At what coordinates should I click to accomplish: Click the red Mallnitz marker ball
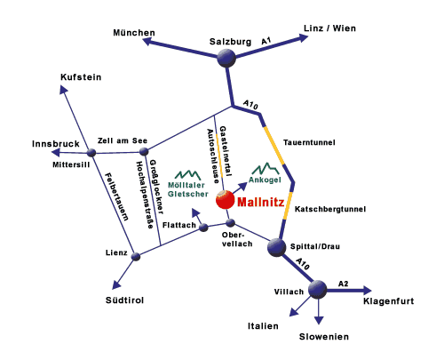(x=225, y=200)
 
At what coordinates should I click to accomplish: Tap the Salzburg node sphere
(x=226, y=58)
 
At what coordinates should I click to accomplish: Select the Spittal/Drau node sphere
(x=277, y=247)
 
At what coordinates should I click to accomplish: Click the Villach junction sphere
(x=318, y=289)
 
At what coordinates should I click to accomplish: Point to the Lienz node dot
(x=136, y=256)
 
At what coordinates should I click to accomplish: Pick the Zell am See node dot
(x=144, y=152)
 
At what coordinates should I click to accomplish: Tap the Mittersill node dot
(x=91, y=153)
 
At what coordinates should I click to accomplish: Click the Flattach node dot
(x=203, y=228)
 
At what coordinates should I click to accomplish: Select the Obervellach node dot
(x=230, y=223)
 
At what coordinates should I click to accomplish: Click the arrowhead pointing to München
(x=148, y=42)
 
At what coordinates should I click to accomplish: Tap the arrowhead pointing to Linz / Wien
(x=303, y=38)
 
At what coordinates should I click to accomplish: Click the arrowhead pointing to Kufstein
(x=63, y=89)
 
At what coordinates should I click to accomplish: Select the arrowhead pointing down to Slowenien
(x=319, y=320)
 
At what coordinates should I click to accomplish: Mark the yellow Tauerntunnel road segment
(x=274, y=145)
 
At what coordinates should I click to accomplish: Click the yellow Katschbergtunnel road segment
(x=289, y=206)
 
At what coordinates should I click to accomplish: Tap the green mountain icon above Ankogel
(x=266, y=168)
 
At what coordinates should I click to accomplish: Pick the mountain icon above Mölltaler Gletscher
(x=188, y=175)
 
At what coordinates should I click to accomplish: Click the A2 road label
(x=344, y=284)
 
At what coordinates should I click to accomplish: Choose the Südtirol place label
(x=124, y=300)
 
